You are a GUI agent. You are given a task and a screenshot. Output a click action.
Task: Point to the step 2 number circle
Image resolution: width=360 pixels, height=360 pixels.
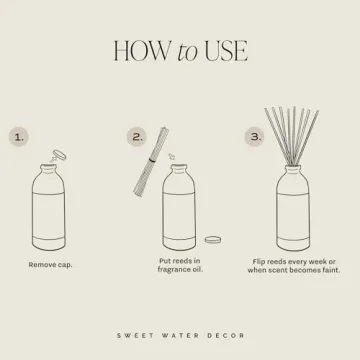[138, 136]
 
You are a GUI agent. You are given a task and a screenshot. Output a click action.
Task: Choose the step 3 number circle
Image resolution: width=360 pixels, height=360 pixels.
[255, 136]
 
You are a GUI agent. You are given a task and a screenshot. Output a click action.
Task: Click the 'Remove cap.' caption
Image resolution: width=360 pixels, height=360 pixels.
[50, 265]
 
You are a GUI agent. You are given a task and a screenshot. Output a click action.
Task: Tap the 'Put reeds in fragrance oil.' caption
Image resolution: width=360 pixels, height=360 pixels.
[181, 265]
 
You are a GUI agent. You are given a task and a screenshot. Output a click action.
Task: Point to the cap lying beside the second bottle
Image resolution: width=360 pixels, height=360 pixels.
[213, 240]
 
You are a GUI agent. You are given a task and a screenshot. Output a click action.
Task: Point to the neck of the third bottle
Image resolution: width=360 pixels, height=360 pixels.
[298, 168]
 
